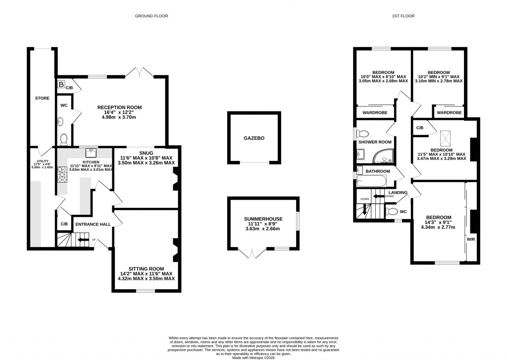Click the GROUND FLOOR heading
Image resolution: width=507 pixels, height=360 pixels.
pyautogui.click(x=152, y=16)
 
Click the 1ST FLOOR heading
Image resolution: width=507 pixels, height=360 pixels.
pyautogui.click(x=403, y=16)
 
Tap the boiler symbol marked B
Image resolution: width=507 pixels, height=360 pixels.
pyautogui.click(x=61, y=85)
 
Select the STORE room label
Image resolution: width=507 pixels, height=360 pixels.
pyautogui.click(x=42, y=99)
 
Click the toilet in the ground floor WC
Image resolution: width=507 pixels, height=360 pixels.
pyautogui.click(x=64, y=138)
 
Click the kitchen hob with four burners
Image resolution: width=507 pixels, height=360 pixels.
pyautogui.click(x=63, y=174)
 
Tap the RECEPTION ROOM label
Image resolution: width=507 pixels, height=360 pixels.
pyautogui.click(x=119, y=107)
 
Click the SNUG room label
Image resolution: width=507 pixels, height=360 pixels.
pyautogui.click(x=146, y=152)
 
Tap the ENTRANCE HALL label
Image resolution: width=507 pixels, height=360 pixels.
pyautogui.click(x=93, y=224)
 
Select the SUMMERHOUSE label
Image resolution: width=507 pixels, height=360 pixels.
pyautogui.click(x=262, y=218)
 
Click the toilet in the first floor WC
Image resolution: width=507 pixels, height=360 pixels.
pyautogui.click(x=392, y=212)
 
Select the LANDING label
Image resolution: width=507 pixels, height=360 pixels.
pyautogui.click(x=398, y=193)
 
